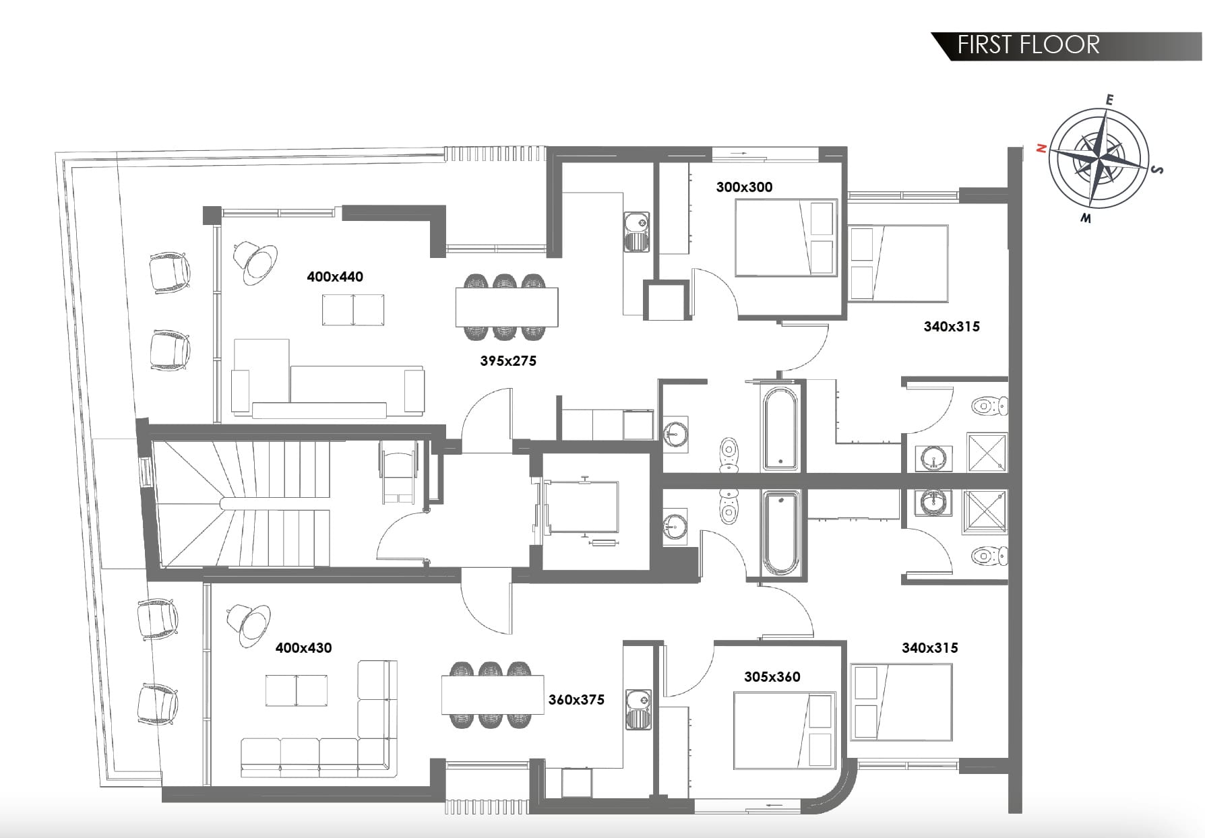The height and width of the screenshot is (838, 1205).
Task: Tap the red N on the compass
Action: pyautogui.click(x=1041, y=148)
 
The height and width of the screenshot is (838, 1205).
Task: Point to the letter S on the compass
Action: pyautogui.click(x=1158, y=169)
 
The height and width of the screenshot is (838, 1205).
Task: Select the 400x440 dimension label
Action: pyautogui.click(x=335, y=276)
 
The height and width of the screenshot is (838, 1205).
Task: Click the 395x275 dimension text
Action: pyautogui.click(x=508, y=360)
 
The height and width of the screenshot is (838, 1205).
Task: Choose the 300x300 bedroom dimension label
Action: pyautogui.click(x=744, y=187)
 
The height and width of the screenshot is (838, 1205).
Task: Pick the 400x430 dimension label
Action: pyautogui.click(x=303, y=647)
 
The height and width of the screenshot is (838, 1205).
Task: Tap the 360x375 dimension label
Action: pyautogui.click(x=576, y=699)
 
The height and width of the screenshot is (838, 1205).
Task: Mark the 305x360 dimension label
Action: pyautogui.click(x=772, y=676)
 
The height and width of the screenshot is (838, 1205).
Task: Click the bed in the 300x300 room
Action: pyautogui.click(x=786, y=238)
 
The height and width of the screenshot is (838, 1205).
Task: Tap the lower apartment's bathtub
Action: pyautogui.click(x=780, y=533)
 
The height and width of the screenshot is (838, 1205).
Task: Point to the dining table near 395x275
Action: pyautogui.click(x=507, y=307)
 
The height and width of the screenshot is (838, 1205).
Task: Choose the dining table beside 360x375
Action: pyautogui.click(x=493, y=695)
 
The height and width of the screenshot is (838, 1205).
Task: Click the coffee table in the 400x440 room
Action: pyautogui.click(x=354, y=311)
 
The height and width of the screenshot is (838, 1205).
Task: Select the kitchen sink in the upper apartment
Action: pyautogui.click(x=636, y=233)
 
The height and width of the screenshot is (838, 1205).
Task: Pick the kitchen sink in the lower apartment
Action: pyautogui.click(x=638, y=709)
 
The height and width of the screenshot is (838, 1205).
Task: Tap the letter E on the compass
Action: pyautogui.click(x=1109, y=100)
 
